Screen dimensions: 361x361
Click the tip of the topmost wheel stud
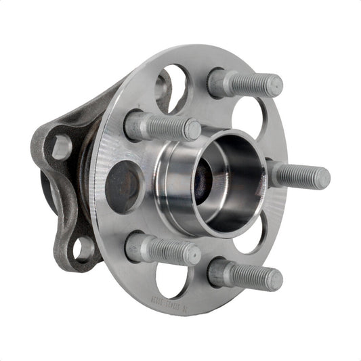click(275, 85)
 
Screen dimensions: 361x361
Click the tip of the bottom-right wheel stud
click(275, 278)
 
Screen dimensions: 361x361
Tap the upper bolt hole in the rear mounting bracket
click(62, 146)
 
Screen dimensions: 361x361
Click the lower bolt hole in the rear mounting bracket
click(83, 249)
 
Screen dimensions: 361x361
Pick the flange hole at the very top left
click(171, 84)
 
